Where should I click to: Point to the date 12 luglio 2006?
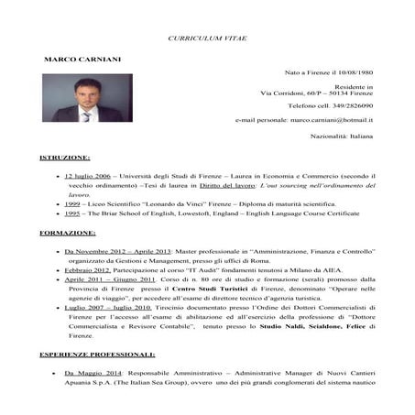tap(89, 174)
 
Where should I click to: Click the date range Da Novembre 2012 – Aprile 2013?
tap(112, 250)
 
